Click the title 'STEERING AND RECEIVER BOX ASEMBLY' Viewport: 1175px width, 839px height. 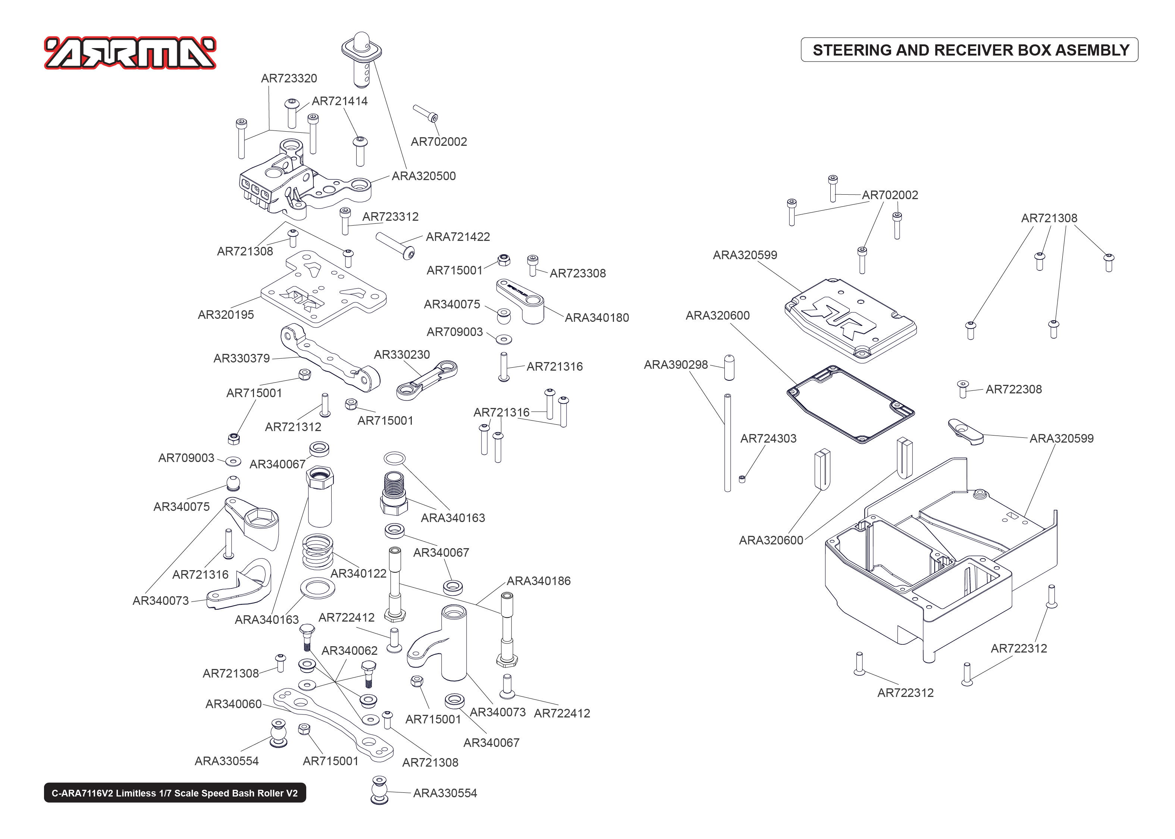[x=970, y=50]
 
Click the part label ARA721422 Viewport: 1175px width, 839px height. [x=457, y=237]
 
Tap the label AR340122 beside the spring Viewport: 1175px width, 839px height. [x=358, y=574]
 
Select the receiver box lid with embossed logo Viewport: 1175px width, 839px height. [x=850, y=320]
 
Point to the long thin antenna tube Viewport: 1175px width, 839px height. [x=727, y=442]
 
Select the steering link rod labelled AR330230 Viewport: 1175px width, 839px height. [x=426, y=381]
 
